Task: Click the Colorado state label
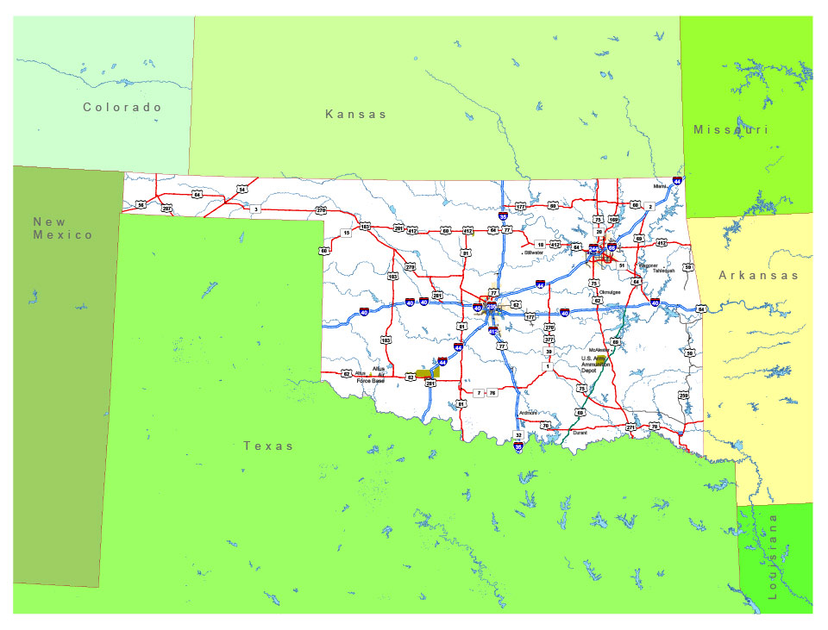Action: (x=122, y=108)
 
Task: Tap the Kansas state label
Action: (x=356, y=114)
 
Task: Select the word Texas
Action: (x=267, y=446)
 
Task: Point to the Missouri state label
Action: (x=731, y=129)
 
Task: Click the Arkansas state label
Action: (x=759, y=276)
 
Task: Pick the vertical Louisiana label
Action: (x=772, y=557)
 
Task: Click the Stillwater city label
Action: (x=536, y=253)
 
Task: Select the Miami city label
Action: (x=660, y=186)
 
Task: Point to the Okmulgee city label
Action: (x=610, y=291)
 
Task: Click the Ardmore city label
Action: (x=528, y=413)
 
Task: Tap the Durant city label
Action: (x=580, y=433)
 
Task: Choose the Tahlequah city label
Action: (x=662, y=270)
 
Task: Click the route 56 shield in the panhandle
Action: (x=140, y=205)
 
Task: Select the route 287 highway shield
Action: (x=166, y=209)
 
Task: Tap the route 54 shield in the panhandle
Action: (x=242, y=189)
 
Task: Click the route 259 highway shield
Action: (x=683, y=396)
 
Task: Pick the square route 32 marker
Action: (x=518, y=435)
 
